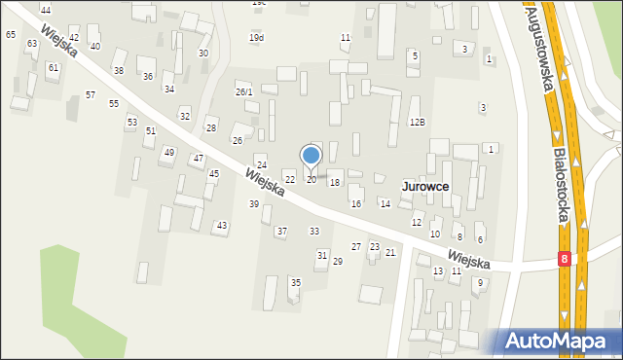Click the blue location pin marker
tap(311, 156)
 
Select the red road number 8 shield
tap(565, 260)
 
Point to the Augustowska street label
tap(541, 49)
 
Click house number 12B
tap(417, 122)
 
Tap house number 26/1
tap(244, 91)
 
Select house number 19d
tap(256, 38)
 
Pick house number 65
tap(11, 34)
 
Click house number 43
tap(222, 226)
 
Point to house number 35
tap(296, 282)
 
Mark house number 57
tap(91, 94)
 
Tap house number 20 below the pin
tap(311, 180)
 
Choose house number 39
tap(254, 203)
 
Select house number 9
tap(479, 282)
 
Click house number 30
tap(203, 54)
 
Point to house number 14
tap(385, 203)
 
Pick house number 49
tap(168, 152)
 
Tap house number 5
tap(415, 55)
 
